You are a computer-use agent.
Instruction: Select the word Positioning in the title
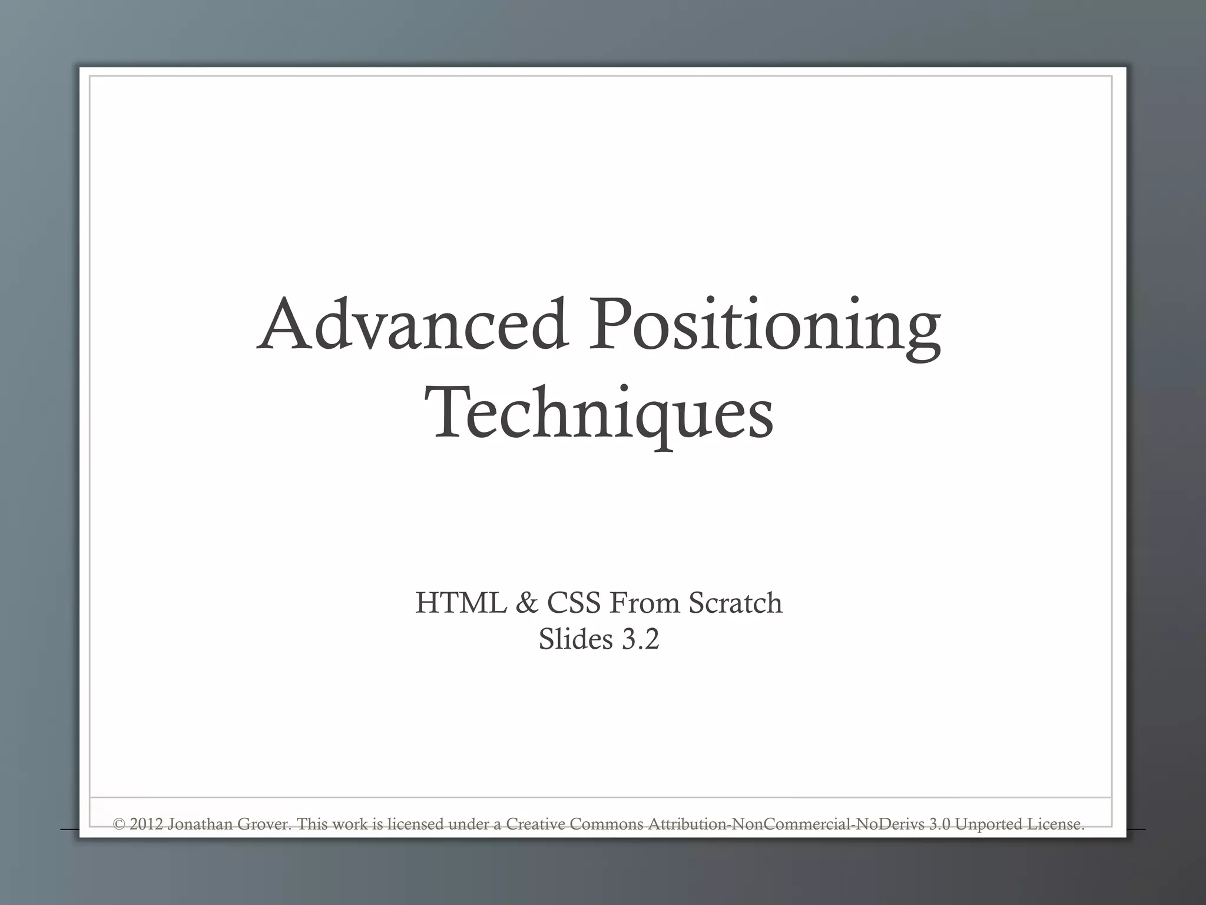pos(765,328)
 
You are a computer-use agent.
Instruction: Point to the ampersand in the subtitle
pos(526,603)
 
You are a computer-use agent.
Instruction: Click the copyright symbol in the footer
pos(118,824)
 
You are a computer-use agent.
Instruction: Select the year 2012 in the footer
pos(145,824)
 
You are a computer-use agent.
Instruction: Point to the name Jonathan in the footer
pos(200,824)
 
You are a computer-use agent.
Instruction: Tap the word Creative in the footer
pos(536,824)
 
